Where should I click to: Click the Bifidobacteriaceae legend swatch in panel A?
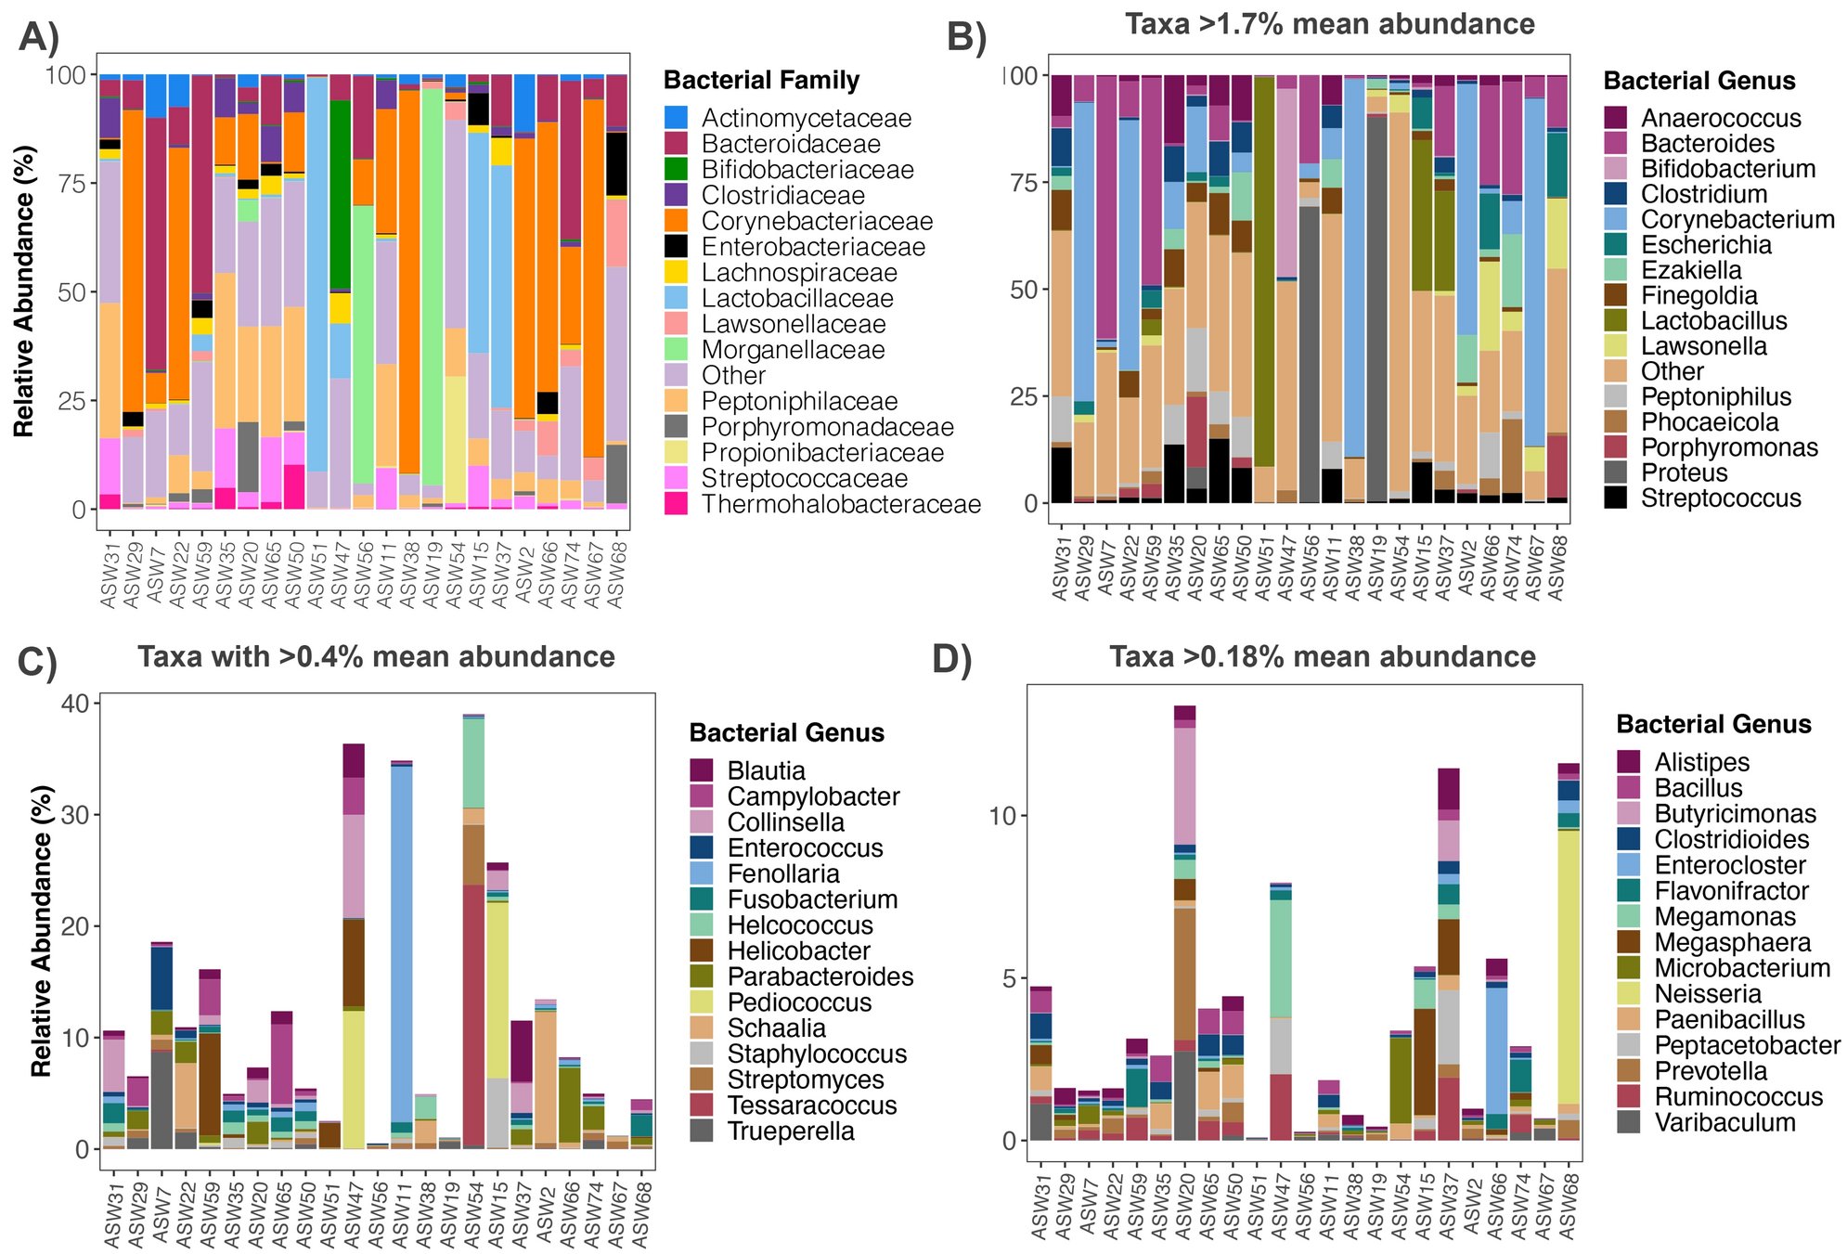point(677,169)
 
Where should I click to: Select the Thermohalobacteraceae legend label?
point(840,504)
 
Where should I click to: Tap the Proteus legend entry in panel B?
point(1684,472)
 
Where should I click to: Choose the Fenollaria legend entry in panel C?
point(782,873)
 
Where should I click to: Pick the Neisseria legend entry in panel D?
point(1707,993)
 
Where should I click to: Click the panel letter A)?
point(38,36)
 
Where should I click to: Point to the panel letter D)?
point(951,658)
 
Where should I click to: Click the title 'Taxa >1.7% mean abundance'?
point(1329,23)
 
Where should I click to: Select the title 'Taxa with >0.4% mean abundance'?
point(376,656)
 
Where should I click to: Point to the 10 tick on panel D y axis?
point(1002,816)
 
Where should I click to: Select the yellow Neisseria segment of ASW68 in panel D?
point(1569,965)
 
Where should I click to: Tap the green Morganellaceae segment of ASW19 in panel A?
point(432,278)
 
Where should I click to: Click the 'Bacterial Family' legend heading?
point(761,81)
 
